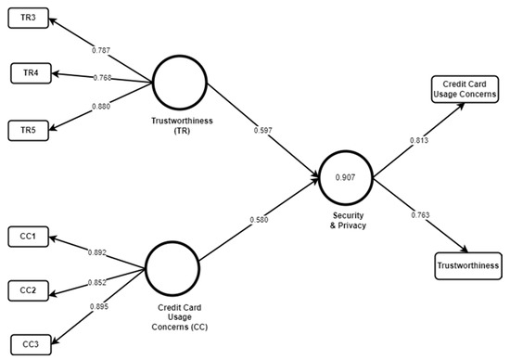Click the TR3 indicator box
(28, 19)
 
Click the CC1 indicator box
(28, 237)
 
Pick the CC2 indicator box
(30, 289)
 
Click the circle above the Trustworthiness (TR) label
(179, 82)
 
